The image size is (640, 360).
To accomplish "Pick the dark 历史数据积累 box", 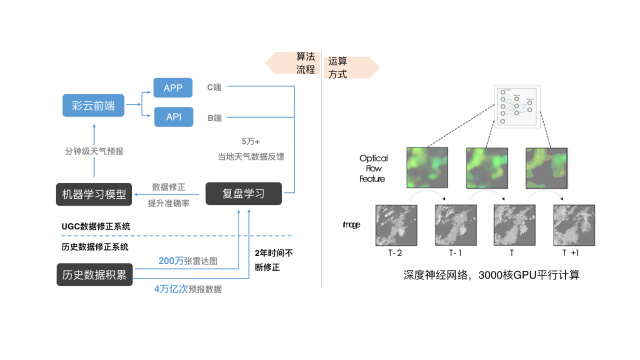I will coord(94,275).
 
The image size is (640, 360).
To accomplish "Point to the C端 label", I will coord(214,88).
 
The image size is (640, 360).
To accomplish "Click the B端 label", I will coord(214,118).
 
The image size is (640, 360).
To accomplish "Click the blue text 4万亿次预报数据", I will coord(188,289).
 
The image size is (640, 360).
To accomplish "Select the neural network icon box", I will coord(517,106).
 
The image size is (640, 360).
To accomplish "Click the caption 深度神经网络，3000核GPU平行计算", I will coord(492,274).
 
